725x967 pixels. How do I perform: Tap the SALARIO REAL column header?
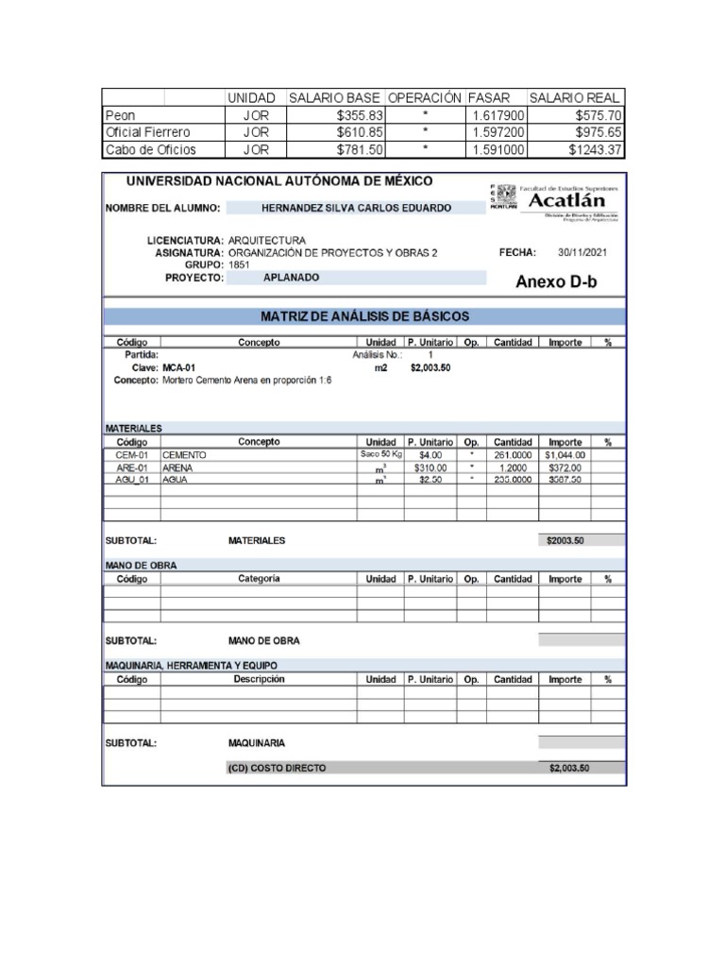pyautogui.click(x=575, y=98)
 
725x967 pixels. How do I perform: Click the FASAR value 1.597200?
pyautogui.click(x=499, y=132)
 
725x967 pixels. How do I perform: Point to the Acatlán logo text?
pyautogui.click(x=573, y=201)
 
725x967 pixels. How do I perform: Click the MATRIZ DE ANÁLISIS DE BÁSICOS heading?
pyautogui.click(x=362, y=316)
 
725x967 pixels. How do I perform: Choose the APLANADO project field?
pyautogui.click(x=292, y=278)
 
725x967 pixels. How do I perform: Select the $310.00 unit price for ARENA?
pyautogui.click(x=430, y=467)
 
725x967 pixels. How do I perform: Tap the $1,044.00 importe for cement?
pyautogui.click(x=565, y=454)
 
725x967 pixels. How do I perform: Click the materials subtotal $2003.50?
pyautogui.click(x=566, y=541)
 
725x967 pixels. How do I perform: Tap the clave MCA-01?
pyautogui.click(x=179, y=367)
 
